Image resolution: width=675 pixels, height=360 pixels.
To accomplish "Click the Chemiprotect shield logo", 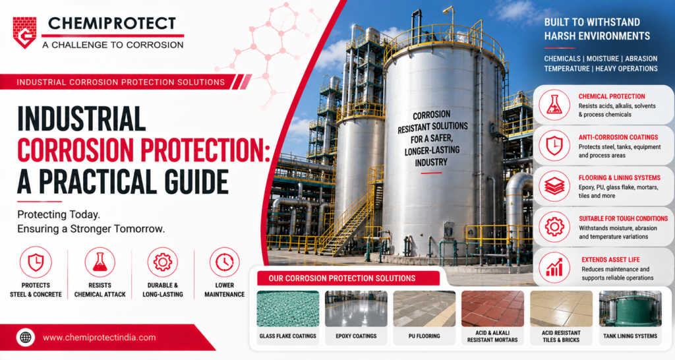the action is pyautogui.click(x=24, y=32).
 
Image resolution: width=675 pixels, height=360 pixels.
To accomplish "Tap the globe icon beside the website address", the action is pyautogui.click(x=26, y=338).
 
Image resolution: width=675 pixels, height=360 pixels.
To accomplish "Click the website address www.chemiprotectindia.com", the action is pyautogui.click(x=100, y=338).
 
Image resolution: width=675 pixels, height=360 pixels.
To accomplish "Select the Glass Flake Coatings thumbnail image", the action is pyautogui.click(x=288, y=309).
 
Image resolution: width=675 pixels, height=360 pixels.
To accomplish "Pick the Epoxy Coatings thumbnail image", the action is pyautogui.click(x=356, y=309).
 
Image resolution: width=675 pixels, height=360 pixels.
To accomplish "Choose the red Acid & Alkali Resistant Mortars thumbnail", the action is pyautogui.click(x=493, y=309).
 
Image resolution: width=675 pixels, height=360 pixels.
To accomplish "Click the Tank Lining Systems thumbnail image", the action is pyautogui.click(x=630, y=309).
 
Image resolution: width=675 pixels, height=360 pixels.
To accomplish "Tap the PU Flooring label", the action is pyautogui.click(x=425, y=336).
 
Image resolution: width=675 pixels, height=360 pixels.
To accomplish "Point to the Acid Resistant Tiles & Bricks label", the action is pyautogui.click(x=562, y=336).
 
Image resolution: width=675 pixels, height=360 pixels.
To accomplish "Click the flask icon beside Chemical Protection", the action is pyautogui.click(x=554, y=105).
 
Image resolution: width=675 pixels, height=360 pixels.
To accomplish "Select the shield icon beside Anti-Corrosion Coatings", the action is pyautogui.click(x=554, y=146).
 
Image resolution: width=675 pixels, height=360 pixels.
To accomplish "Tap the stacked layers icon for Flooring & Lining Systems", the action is pyautogui.click(x=554, y=187).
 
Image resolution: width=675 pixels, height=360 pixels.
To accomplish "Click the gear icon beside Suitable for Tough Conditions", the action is pyautogui.click(x=554, y=227).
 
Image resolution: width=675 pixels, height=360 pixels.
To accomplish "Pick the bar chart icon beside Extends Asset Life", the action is pyautogui.click(x=554, y=268).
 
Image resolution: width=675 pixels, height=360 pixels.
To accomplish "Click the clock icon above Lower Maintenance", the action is pyautogui.click(x=225, y=262).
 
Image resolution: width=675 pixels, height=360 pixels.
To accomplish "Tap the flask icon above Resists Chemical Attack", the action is pyautogui.click(x=100, y=262).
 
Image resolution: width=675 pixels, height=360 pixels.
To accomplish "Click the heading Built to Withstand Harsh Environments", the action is pyautogui.click(x=597, y=29).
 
